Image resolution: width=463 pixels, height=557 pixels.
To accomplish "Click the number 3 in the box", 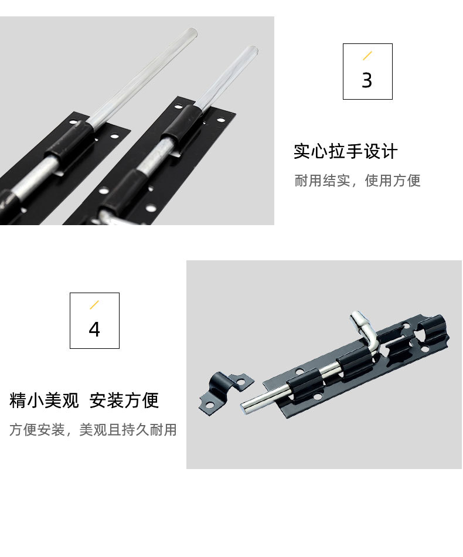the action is [x=367, y=80].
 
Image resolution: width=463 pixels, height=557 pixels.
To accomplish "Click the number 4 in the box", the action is [x=94, y=330].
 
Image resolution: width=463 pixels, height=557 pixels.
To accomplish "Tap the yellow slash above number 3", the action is [x=367, y=56].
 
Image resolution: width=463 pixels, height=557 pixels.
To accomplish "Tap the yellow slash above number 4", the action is [x=94, y=304].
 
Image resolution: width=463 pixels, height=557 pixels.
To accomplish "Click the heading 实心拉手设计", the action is [x=345, y=152].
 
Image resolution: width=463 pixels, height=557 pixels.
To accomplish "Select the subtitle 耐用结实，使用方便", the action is [x=357, y=181].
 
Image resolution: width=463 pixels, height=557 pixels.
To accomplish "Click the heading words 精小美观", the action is [x=44, y=400].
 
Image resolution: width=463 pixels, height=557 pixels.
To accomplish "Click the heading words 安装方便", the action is [x=124, y=400].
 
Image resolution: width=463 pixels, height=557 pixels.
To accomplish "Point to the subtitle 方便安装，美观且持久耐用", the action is [x=93, y=430].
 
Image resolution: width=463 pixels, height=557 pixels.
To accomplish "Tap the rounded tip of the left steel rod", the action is [x=191, y=33].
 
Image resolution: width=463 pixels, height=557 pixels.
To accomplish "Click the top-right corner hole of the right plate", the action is [x=221, y=120].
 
